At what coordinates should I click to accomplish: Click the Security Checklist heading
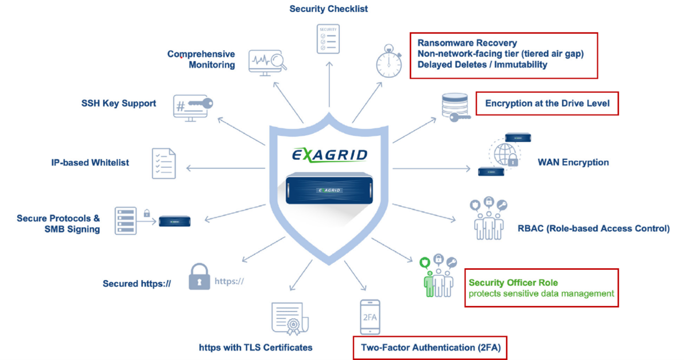point(329,9)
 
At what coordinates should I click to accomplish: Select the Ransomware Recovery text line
point(467,43)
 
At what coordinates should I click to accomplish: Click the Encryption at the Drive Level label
point(547,103)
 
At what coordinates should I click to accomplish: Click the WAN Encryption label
point(573,162)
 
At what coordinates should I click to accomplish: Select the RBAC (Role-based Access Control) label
point(593,229)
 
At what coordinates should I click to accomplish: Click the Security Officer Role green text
point(513,283)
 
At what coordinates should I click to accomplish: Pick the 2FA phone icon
point(370,316)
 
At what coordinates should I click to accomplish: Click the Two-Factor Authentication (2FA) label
point(430,348)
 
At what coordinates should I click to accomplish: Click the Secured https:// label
point(137,284)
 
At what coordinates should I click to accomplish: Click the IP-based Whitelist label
point(90,162)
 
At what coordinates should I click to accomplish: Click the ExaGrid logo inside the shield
point(329,155)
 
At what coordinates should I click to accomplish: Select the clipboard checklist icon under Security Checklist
point(328,38)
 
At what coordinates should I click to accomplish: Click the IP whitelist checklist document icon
point(164,163)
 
